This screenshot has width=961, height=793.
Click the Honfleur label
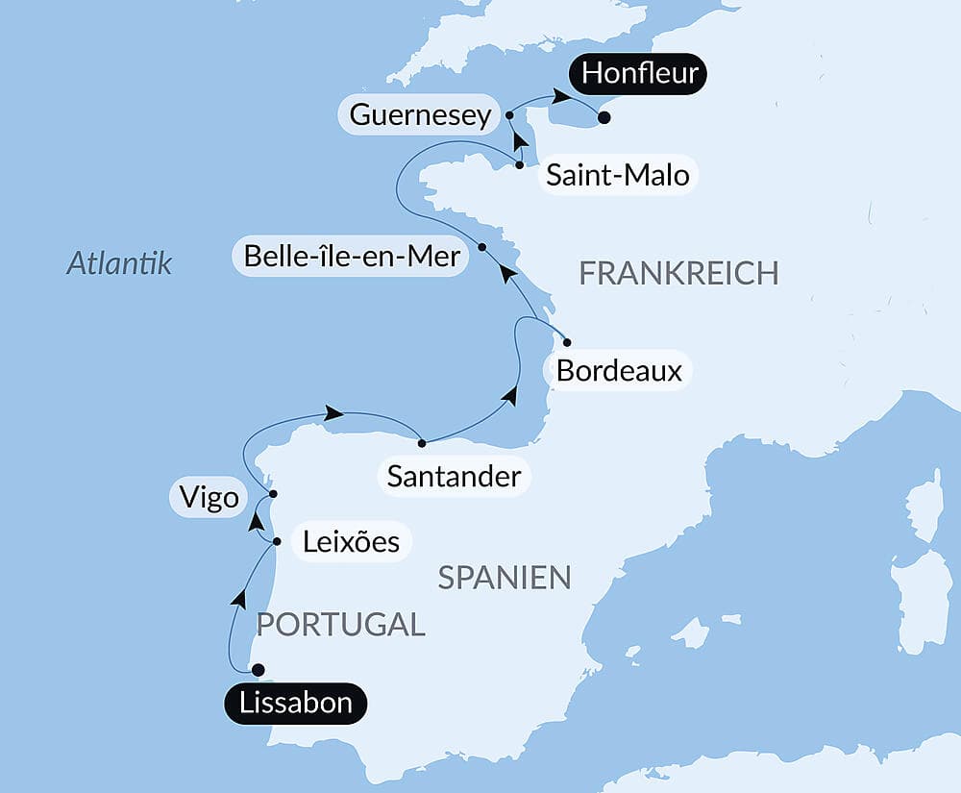[x=639, y=73]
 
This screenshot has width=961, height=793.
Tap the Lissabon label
[x=296, y=704]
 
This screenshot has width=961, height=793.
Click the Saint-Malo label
[x=617, y=176]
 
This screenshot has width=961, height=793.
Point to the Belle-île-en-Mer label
[x=352, y=257]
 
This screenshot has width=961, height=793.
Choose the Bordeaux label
[x=619, y=371]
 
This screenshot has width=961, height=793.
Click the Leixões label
[x=351, y=541]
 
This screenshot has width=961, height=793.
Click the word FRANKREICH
[x=678, y=273]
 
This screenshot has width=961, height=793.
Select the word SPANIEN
[x=505, y=578]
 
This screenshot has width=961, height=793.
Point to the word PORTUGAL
[x=340, y=624]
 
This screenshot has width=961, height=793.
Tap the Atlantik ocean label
[x=119, y=263]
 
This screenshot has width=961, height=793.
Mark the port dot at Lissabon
[x=257, y=670]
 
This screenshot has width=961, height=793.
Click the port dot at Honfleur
[x=604, y=118]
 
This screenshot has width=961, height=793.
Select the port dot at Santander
[x=423, y=443]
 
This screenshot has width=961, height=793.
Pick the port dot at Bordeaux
[x=567, y=342]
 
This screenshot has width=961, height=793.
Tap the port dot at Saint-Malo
[x=520, y=165]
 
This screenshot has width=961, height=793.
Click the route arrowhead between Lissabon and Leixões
[x=237, y=599]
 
